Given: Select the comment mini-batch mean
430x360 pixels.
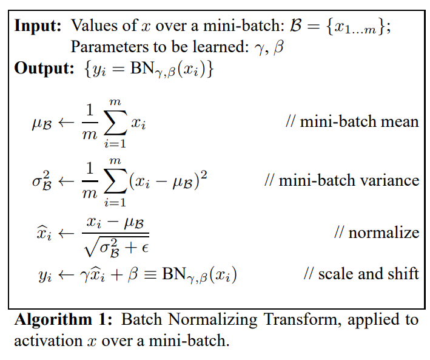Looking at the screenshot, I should pyautogui.click(x=352, y=121).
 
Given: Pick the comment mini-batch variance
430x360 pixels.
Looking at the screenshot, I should pyautogui.click(x=341, y=180).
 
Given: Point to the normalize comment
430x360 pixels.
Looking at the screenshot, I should pyautogui.click(x=376, y=233).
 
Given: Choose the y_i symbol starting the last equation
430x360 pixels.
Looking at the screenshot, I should pyautogui.click(x=45, y=276).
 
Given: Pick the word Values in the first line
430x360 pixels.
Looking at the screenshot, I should pyautogui.click(x=92, y=26).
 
